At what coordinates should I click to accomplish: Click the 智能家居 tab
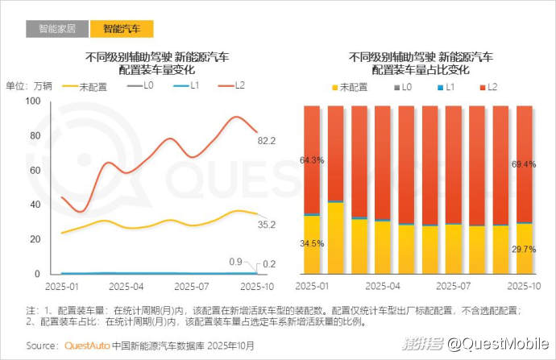point(56,29)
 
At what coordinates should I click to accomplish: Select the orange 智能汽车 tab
point(121,29)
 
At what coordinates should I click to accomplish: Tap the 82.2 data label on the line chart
point(267,141)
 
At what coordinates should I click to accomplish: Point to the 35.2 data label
point(267,225)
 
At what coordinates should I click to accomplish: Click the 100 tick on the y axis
point(33,101)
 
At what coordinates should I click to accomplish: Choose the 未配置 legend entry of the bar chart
point(353,86)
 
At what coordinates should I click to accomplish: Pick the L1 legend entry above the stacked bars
point(450,86)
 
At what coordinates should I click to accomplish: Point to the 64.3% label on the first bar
point(311,161)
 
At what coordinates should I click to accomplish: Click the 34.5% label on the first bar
point(311,243)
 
